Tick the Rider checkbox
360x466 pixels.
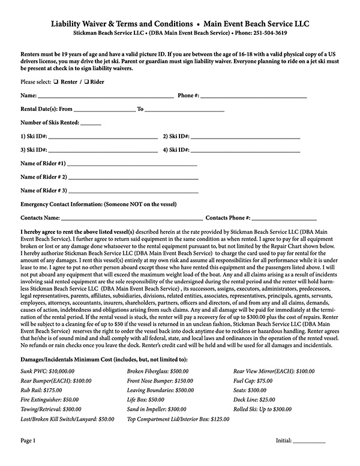pyautogui.click(x=86, y=81)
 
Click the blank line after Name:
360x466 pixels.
pyautogui.click(x=106, y=96)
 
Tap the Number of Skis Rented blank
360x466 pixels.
pyautogui.click(x=91, y=124)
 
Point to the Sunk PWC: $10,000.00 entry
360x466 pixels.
pyautogui.click(x=46, y=371)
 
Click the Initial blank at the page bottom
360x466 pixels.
pyautogui.click(x=309, y=441)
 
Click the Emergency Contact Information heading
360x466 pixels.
pyautogui.click(x=98, y=205)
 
